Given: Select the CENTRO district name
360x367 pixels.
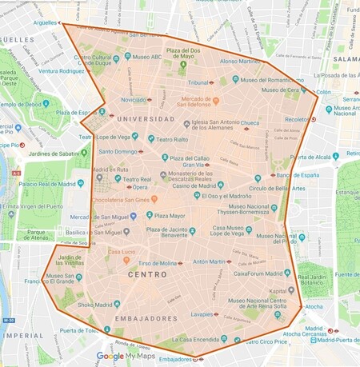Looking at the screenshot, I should (x=148, y=274).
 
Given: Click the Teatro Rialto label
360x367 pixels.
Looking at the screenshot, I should (x=172, y=139).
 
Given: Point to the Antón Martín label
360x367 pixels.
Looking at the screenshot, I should (x=211, y=261).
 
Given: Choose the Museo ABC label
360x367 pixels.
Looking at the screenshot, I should (x=147, y=57).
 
